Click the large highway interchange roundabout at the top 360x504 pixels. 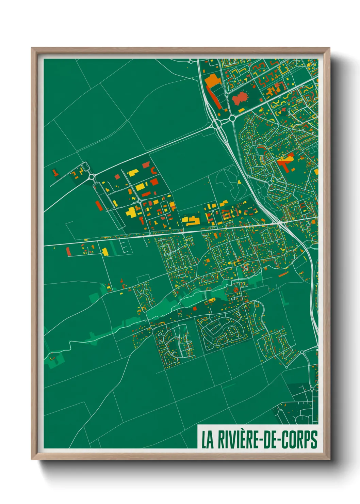coord(216,124)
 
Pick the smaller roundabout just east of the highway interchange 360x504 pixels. coord(232,118)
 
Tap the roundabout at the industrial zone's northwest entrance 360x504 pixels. coord(92,177)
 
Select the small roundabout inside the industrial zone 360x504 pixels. coord(140,201)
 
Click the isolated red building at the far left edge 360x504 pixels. coord(55,173)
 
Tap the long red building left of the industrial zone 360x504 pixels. coord(99,206)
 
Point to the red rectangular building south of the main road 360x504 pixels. coord(68,252)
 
